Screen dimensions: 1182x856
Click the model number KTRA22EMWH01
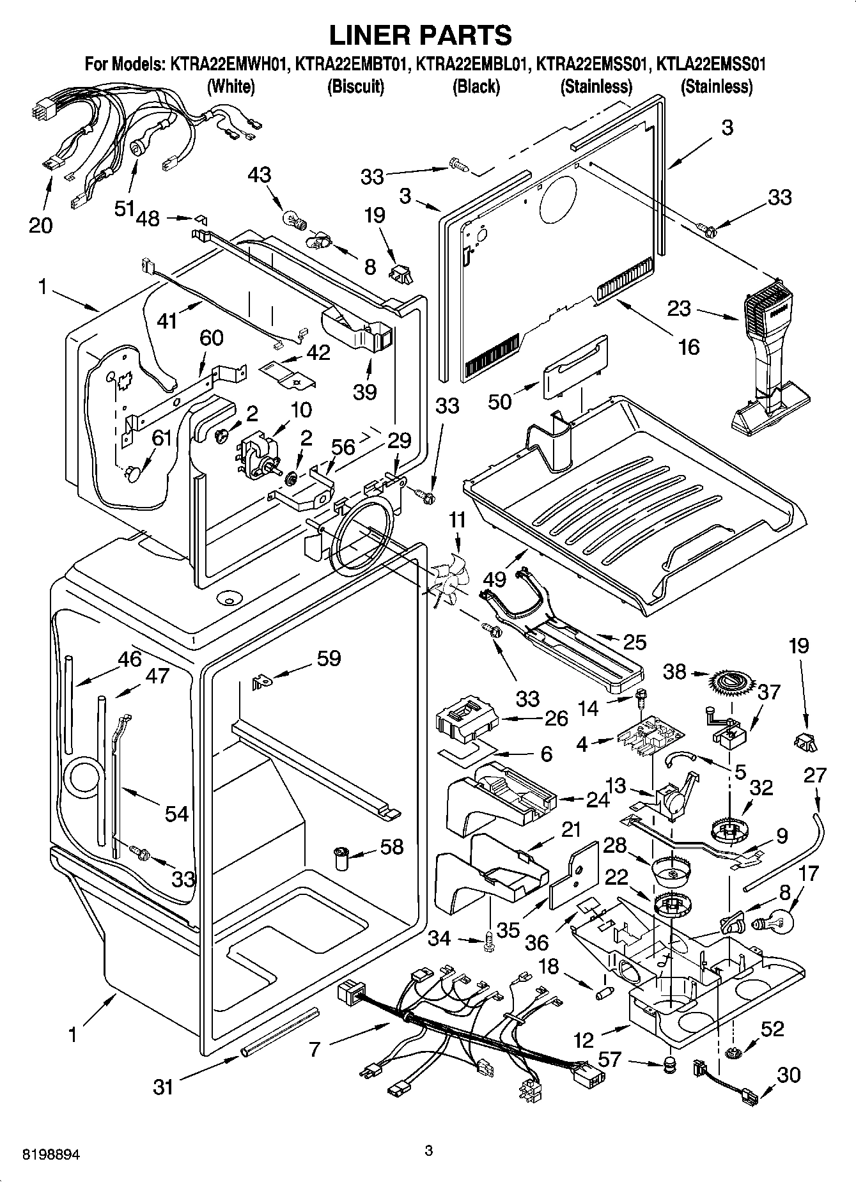point(229,65)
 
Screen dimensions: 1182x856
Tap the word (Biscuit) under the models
point(355,86)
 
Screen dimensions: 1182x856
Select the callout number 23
point(679,309)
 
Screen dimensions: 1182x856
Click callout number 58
point(391,847)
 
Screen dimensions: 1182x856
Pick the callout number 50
point(501,401)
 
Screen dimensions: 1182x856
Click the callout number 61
point(162,438)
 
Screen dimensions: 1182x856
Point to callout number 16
point(689,346)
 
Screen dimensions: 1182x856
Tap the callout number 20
point(41,225)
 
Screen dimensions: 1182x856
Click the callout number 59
point(329,658)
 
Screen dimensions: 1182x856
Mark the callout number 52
point(772,1029)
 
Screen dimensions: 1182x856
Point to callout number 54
point(177,813)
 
